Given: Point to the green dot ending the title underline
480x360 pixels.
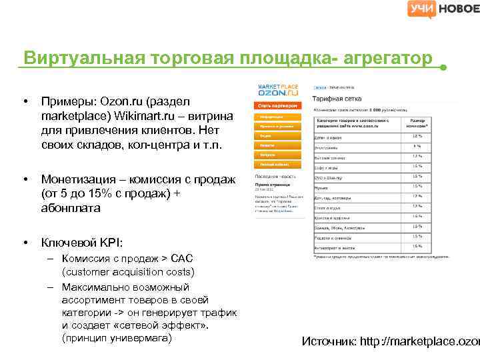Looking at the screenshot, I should tap(444, 68).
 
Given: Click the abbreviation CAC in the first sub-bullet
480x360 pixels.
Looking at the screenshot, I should tap(182, 258).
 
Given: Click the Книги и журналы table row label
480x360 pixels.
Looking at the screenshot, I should tap(331, 137).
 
